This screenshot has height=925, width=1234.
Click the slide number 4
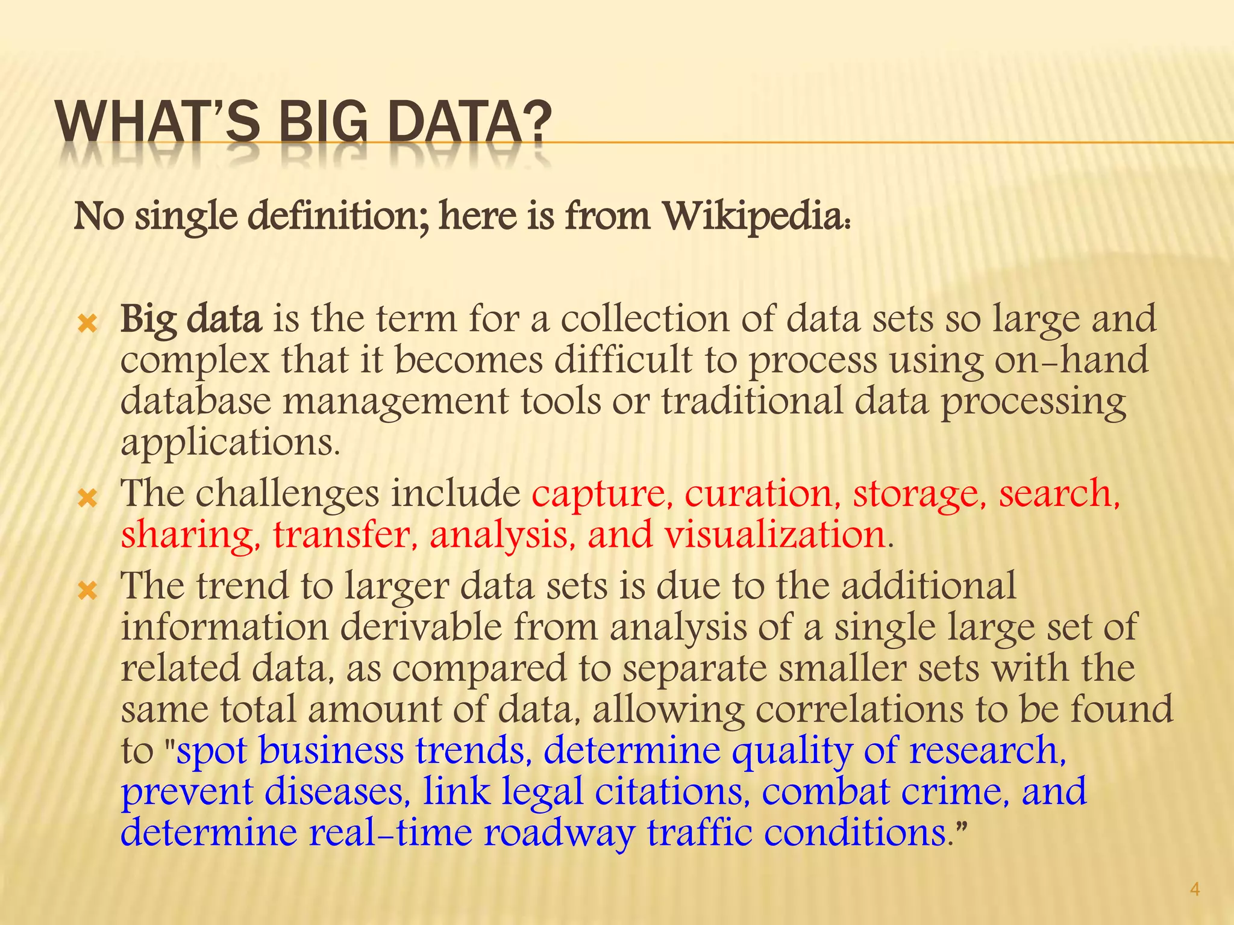[x=1195, y=889]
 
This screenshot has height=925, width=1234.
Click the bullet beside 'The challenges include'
[x=88, y=499]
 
